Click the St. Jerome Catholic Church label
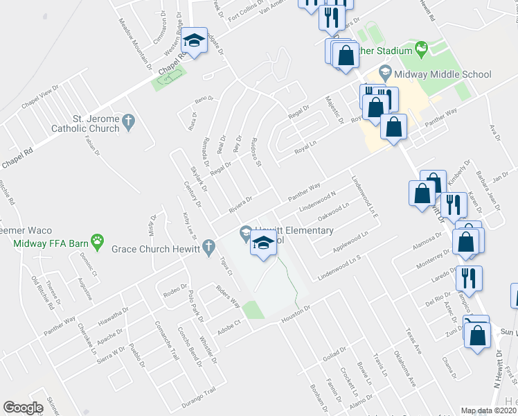coord(86,123)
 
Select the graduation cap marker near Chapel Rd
coord(195,41)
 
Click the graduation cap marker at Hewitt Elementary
coord(263,243)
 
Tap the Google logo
coord(23,408)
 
